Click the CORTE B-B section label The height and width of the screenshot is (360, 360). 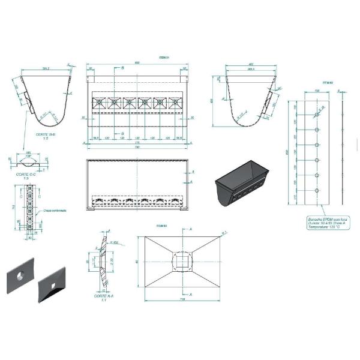[46, 134]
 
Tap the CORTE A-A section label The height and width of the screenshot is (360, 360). [96, 296]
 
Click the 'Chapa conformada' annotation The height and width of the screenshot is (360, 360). [55, 211]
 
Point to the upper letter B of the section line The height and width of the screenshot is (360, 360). [123, 68]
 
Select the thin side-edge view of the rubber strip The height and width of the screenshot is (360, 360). [340, 153]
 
